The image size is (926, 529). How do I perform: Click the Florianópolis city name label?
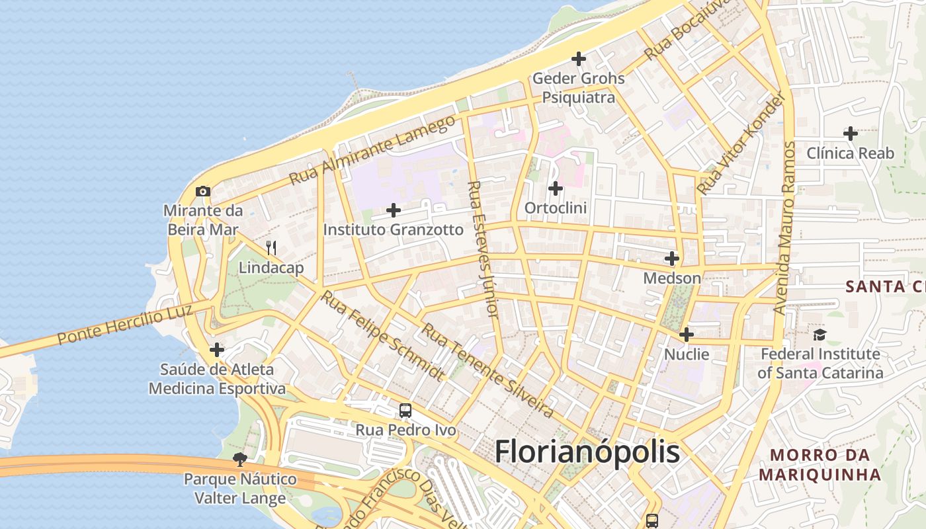point(587,452)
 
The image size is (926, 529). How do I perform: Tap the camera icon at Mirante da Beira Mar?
point(203,192)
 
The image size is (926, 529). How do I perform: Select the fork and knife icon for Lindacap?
point(271,248)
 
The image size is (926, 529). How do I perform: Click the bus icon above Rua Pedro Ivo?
point(405,411)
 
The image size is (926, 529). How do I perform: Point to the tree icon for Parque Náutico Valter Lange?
point(239,459)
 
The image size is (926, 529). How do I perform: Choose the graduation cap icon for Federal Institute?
point(820,335)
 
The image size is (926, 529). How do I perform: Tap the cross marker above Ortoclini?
point(556,188)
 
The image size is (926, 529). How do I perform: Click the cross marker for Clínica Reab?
point(851,134)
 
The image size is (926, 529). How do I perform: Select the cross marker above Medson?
point(672,259)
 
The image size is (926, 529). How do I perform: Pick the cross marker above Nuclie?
point(687,335)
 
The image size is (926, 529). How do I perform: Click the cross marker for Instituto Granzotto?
point(394,210)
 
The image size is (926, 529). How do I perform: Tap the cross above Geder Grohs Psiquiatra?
point(579,59)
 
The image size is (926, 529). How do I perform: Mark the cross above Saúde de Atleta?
point(217,350)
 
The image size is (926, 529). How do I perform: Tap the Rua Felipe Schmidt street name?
point(383,335)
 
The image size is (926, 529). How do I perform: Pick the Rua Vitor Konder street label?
point(744,143)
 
